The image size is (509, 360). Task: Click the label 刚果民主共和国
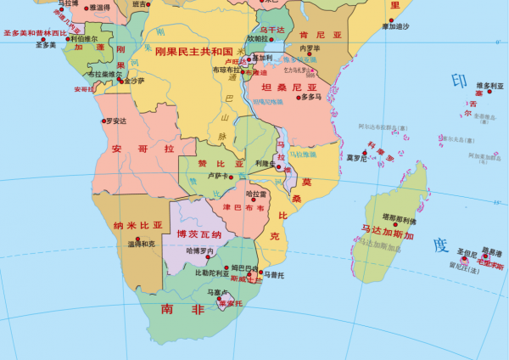193,51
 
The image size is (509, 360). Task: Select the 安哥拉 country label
143,149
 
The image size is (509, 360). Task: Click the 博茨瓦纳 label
199,234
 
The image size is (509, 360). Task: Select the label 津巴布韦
243,207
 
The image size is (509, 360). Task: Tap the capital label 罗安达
115,121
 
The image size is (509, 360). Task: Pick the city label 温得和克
141,244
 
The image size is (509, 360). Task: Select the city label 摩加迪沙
394,26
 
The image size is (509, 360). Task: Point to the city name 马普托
272,274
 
